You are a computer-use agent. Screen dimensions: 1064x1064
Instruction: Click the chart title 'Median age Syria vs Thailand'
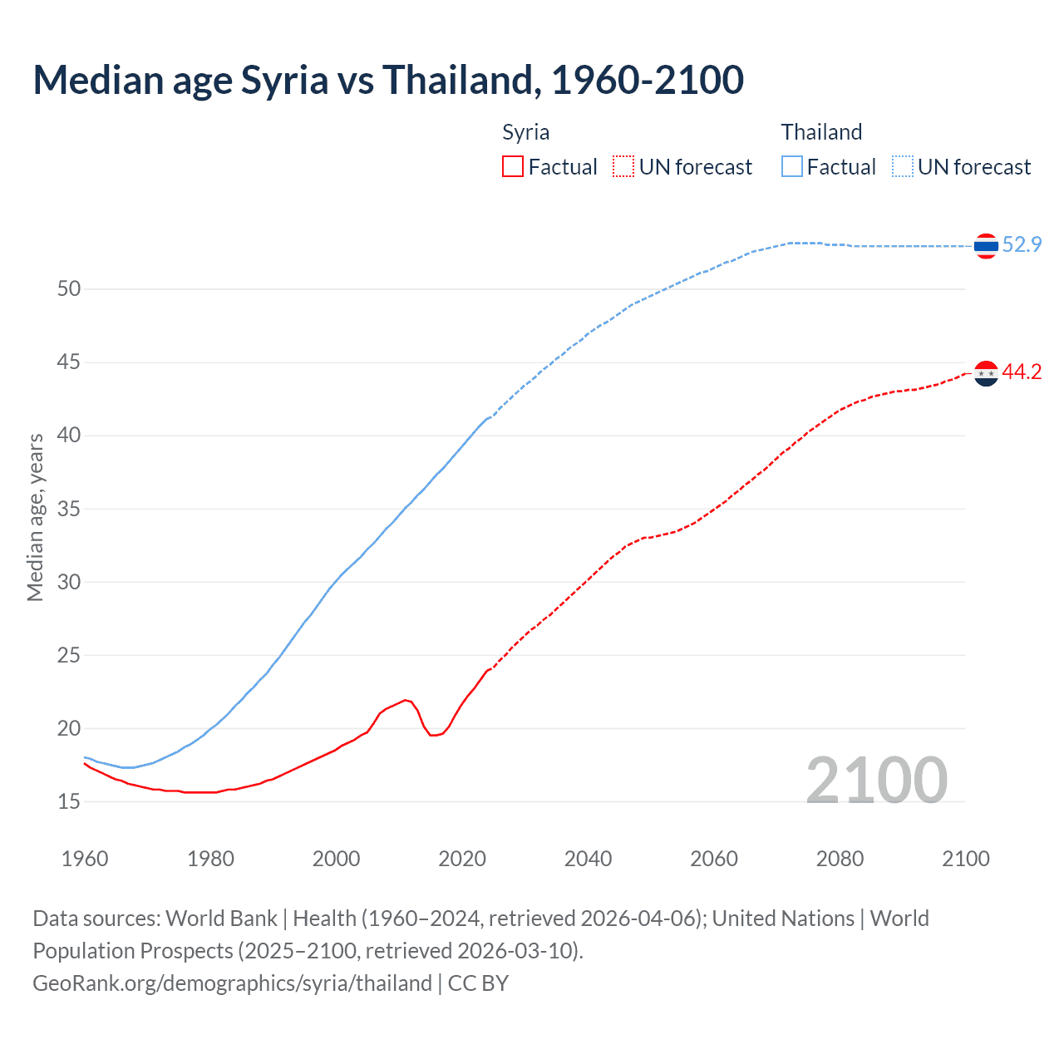tap(387, 80)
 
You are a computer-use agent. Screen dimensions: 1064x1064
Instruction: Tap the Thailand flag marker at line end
tap(986, 246)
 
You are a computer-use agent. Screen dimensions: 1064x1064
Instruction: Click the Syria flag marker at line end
tap(986, 374)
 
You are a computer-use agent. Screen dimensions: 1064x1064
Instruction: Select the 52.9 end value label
tap(1022, 244)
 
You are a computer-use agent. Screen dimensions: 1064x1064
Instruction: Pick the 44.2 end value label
tap(1022, 372)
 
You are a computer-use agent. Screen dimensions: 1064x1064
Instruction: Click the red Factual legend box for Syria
tap(513, 167)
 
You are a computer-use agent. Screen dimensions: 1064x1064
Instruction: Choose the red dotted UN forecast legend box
tap(623, 167)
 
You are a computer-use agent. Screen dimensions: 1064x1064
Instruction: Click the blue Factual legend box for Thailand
tap(792, 167)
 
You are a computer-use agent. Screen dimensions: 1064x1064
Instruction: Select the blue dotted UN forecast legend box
tap(903, 167)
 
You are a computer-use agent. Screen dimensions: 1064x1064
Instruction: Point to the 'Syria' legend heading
tap(525, 132)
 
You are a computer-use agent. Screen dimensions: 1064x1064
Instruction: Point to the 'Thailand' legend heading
tap(821, 132)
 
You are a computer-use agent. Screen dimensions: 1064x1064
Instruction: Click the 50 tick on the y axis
tap(69, 289)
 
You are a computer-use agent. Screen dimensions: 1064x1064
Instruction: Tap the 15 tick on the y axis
tap(69, 802)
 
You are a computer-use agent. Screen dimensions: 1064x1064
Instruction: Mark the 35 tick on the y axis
tap(69, 509)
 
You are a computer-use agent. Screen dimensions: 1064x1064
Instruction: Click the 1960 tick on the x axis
tap(85, 859)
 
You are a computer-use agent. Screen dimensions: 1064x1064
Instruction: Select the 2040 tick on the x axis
tap(588, 859)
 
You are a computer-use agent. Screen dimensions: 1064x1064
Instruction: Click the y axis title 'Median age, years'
tap(35, 517)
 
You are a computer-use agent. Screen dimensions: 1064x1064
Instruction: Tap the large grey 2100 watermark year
tap(876, 780)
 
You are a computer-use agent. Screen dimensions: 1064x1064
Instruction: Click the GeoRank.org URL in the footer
tap(232, 983)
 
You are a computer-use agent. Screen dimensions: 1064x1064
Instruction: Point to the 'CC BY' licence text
tap(478, 983)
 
